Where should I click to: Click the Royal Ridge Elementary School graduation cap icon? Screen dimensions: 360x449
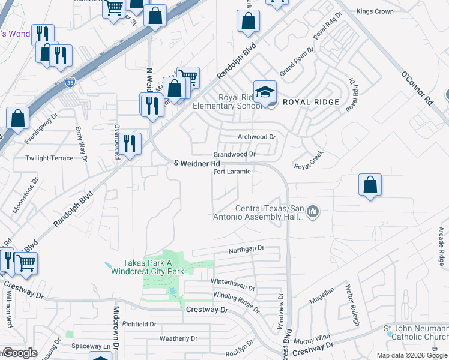[x=265, y=92]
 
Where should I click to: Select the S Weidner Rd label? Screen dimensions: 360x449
[x=197, y=163]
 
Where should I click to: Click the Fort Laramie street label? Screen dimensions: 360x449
[x=232, y=172]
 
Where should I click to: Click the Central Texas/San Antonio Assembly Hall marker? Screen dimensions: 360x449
[x=312, y=211]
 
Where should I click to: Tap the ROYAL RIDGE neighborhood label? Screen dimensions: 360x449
[x=311, y=102]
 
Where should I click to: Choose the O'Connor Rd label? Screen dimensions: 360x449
[x=416, y=89]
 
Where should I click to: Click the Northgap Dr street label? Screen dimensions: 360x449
[x=246, y=248]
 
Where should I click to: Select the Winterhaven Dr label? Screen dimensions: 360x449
[x=232, y=281]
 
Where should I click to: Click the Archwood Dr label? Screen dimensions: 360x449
[x=256, y=137]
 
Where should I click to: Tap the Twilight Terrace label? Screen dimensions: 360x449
[x=49, y=158]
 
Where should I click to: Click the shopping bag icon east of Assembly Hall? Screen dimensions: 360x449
[x=370, y=185]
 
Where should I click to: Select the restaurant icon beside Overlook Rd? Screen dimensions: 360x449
[x=129, y=143]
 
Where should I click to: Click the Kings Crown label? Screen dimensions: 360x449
[x=375, y=11]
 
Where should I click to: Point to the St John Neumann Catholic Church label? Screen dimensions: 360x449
[x=416, y=332]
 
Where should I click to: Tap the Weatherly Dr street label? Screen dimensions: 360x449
[x=178, y=338]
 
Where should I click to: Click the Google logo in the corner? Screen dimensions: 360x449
[x=19, y=353]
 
